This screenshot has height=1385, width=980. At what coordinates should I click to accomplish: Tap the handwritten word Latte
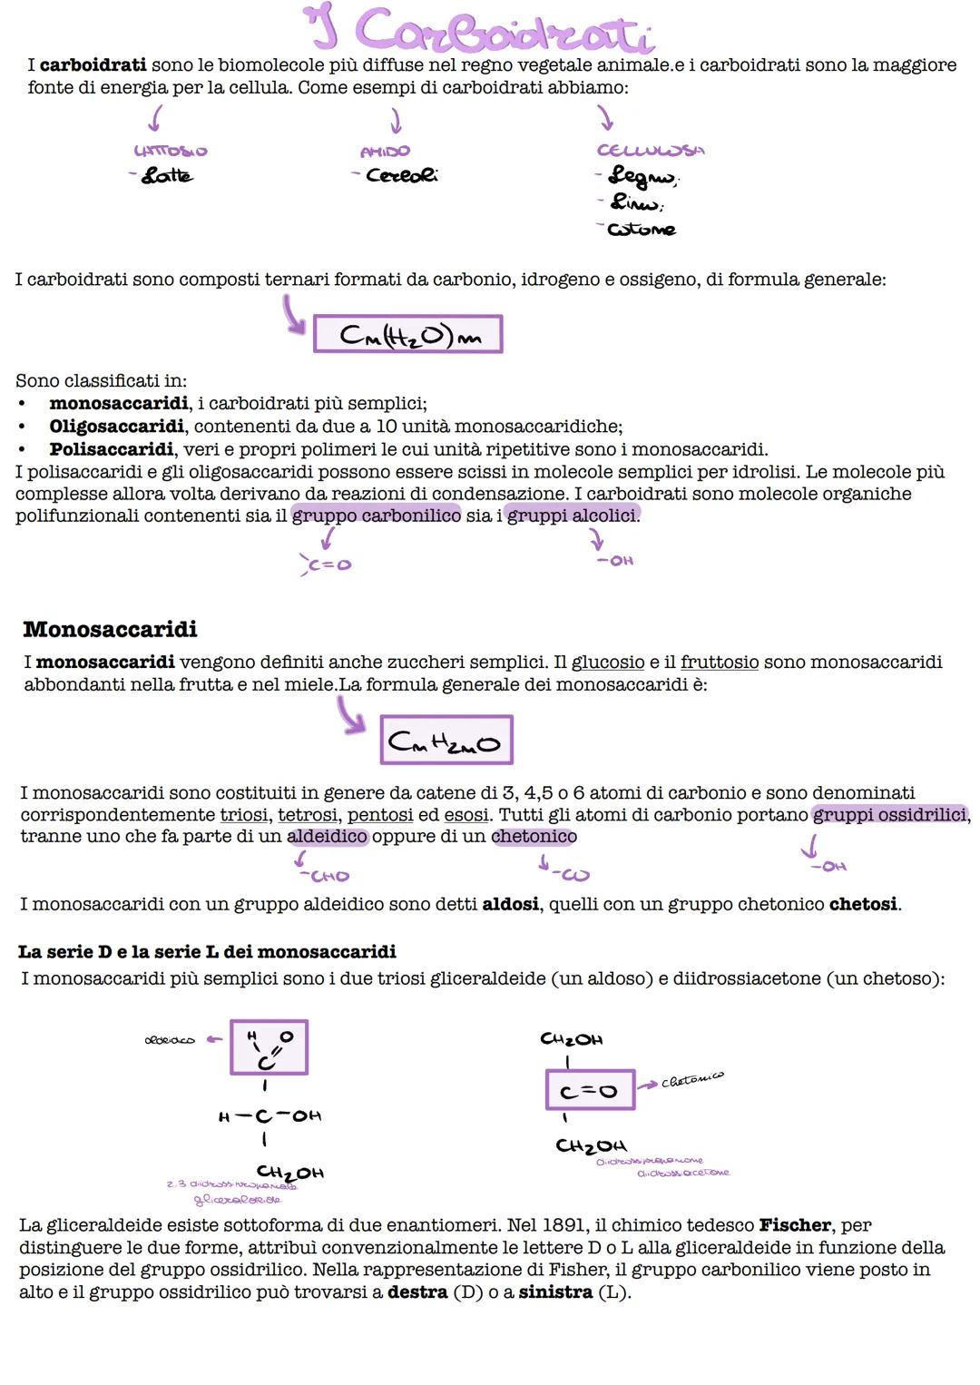(166, 175)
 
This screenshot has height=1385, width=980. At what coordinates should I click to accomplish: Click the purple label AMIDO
(385, 152)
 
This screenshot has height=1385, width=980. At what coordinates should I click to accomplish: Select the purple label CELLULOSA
(651, 151)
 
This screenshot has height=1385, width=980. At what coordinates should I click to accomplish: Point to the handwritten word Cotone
(642, 230)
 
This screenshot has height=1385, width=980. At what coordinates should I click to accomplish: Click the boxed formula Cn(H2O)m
(407, 335)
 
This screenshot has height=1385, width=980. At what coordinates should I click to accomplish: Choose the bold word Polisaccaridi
(111, 449)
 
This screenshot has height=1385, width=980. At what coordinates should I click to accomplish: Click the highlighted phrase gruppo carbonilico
(377, 516)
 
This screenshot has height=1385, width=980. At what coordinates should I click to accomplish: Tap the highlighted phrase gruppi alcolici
(572, 516)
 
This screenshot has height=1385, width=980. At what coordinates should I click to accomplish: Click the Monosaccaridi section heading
(110, 629)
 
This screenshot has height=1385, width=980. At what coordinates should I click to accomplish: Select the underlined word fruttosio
(720, 663)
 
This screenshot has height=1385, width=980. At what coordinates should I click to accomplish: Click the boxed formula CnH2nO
(446, 741)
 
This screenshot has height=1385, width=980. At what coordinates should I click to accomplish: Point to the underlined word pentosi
(380, 815)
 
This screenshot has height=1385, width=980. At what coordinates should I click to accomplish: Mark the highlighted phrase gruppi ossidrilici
(890, 815)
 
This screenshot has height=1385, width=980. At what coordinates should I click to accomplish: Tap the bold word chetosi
(863, 905)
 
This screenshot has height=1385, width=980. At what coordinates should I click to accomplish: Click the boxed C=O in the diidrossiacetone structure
(590, 1091)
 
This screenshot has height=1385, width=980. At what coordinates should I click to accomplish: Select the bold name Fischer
(795, 1226)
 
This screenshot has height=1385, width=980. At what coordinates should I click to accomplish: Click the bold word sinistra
(554, 1292)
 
